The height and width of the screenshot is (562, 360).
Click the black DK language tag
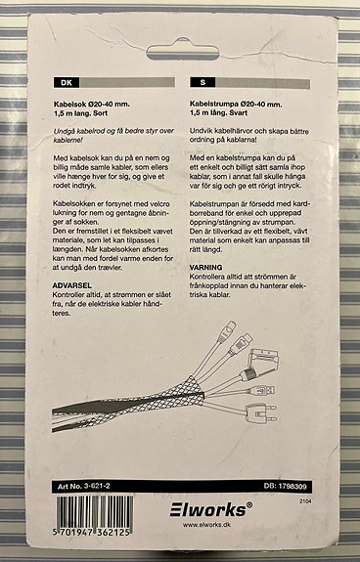click(67, 83)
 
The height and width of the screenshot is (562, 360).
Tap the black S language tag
click(202, 83)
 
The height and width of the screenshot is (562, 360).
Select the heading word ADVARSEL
click(72, 285)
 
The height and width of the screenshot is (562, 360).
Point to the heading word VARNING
click(205, 268)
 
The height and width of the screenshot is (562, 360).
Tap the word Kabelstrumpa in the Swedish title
click(214, 105)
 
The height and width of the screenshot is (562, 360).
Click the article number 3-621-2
click(97, 486)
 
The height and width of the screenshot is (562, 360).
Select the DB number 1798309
click(292, 486)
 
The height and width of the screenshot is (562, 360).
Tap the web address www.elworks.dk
click(206, 525)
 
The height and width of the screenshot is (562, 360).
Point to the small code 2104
click(305, 501)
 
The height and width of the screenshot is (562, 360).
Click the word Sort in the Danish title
click(101, 113)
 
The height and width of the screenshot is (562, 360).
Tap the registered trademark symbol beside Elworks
click(249, 504)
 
